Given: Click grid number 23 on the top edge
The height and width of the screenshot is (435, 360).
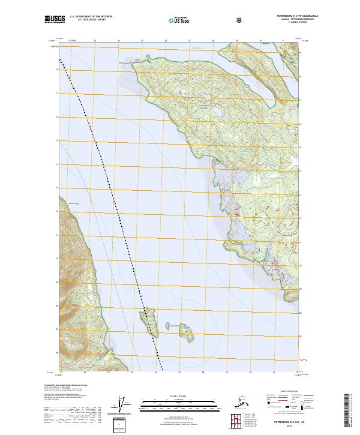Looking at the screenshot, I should pyautogui.click(x=95, y=41).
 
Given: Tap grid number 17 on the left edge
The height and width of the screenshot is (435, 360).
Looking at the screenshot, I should pyautogui.click(x=57, y=94).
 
